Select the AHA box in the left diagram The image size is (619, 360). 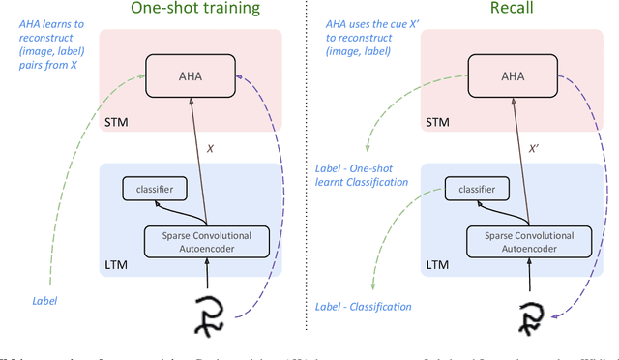192,75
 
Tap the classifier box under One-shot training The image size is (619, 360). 153,190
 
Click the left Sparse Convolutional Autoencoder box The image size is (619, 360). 202,240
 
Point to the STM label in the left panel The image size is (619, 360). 114,122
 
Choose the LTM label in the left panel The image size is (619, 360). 114,263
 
